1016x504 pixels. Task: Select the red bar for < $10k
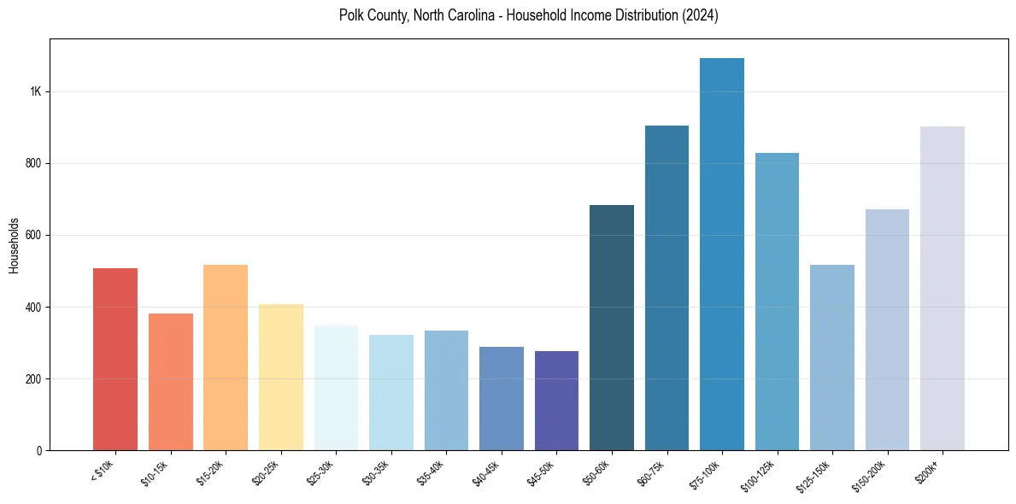pos(115,359)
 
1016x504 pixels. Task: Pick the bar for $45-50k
pos(556,401)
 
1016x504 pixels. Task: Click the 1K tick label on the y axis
pos(34,91)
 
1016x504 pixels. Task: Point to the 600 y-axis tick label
pos(32,235)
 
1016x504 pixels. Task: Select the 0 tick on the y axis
pos(39,450)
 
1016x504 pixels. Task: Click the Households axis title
pos(14,245)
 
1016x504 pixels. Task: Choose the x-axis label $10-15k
pos(156,472)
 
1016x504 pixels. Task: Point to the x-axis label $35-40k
pos(432,472)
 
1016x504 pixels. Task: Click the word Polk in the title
pos(351,15)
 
